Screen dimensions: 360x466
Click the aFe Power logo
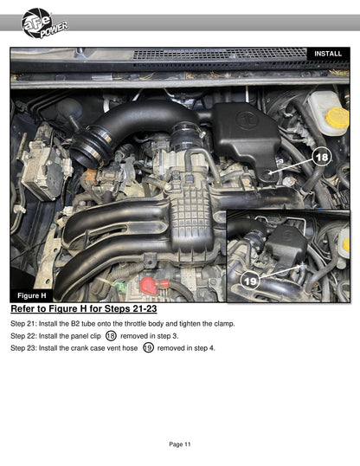44,23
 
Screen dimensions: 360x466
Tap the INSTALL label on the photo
328,54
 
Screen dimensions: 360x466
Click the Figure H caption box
32,295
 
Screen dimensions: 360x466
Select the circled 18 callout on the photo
322,157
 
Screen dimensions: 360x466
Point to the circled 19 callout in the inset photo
249,281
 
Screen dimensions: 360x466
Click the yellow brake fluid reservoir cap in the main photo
337,118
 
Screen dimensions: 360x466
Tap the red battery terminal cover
151,286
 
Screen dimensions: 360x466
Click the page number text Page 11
180,444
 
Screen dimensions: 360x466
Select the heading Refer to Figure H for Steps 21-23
84,308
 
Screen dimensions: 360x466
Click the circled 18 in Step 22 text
111,336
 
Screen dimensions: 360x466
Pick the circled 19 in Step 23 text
148,347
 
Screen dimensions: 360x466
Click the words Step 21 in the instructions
22,324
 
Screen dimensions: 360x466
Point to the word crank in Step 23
80,348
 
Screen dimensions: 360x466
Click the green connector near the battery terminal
119,287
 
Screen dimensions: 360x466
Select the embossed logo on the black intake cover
246,120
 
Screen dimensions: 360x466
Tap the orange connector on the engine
91,175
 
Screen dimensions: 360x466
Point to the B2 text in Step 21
75,324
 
